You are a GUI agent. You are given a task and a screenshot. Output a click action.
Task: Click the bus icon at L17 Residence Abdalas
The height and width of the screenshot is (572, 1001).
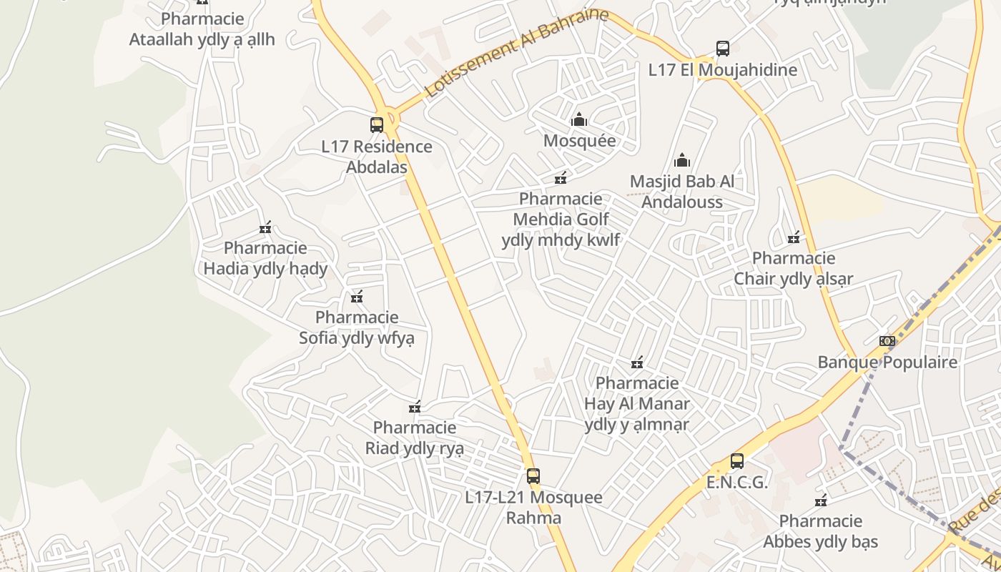coord(377,124)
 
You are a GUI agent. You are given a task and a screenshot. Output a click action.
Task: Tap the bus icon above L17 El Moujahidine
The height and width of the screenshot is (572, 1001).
coord(723,49)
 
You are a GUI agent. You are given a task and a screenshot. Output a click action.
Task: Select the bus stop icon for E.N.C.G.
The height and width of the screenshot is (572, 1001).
coord(737,461)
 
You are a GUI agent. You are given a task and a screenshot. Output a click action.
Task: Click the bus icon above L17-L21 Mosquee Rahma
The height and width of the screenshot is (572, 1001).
coord(533,475)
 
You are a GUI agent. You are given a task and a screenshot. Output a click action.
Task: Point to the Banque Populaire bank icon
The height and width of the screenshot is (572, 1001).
coord(887,341)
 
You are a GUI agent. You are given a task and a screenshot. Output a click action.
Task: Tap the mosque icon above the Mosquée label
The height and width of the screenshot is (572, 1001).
coord(579,119)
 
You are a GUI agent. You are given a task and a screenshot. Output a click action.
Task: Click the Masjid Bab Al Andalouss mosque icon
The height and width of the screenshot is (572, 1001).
coord(682,160)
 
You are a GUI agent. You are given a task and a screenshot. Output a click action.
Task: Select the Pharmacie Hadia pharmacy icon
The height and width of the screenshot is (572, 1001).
coord(266,227)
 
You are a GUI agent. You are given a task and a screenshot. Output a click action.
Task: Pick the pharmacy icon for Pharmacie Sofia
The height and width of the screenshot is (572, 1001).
coord(357,296)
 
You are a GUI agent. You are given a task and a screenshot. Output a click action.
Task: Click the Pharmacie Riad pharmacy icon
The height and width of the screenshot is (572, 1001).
coord(415,407)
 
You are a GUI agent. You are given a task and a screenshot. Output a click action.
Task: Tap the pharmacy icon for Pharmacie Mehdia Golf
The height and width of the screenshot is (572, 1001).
coord(561,177)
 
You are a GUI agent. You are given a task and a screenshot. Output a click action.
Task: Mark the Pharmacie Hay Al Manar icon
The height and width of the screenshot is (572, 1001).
coord(637,363)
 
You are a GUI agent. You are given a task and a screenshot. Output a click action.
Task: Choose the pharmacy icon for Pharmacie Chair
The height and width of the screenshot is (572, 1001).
coord(794,237)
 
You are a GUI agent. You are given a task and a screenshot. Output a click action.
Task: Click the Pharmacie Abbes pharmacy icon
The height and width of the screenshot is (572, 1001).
coord(821,500)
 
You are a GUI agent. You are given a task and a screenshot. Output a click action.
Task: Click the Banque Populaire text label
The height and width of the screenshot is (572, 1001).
coord(887,363)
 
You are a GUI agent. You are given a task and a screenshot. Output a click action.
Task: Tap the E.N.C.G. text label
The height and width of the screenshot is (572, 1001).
coord(737,483)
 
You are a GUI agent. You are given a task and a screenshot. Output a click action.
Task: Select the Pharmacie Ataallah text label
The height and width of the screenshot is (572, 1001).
coord(202,29)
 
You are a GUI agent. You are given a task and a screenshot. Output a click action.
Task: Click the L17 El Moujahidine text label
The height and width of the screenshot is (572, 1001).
coord(723,70)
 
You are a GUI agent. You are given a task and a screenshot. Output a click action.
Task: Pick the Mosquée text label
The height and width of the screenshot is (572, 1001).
coord(579,140)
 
